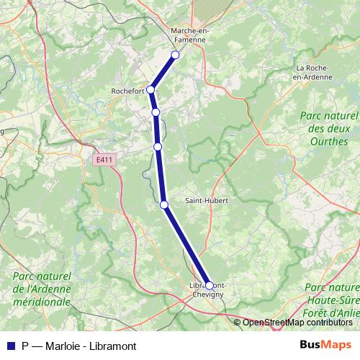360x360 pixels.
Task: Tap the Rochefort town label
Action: tap(128, 91)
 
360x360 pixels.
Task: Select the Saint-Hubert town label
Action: tap(206, 199)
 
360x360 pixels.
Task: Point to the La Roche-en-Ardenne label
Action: tap(314, 72)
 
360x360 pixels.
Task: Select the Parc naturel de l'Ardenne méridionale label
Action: tap(41, 289)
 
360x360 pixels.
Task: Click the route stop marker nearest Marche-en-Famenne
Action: tap(175, 55)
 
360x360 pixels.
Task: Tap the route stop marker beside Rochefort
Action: tap(150, 89)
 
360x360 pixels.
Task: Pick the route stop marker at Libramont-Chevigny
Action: tap(210, 285)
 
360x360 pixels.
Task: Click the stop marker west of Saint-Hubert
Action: tap(164, 205)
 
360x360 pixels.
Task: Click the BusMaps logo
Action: tap(326, 344)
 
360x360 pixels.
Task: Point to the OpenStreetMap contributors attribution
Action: tap(297, 323)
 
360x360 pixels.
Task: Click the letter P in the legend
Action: tap(25, 344)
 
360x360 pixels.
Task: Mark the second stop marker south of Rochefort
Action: tap(158, 146)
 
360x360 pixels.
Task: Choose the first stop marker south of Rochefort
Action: tap(156, 112)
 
